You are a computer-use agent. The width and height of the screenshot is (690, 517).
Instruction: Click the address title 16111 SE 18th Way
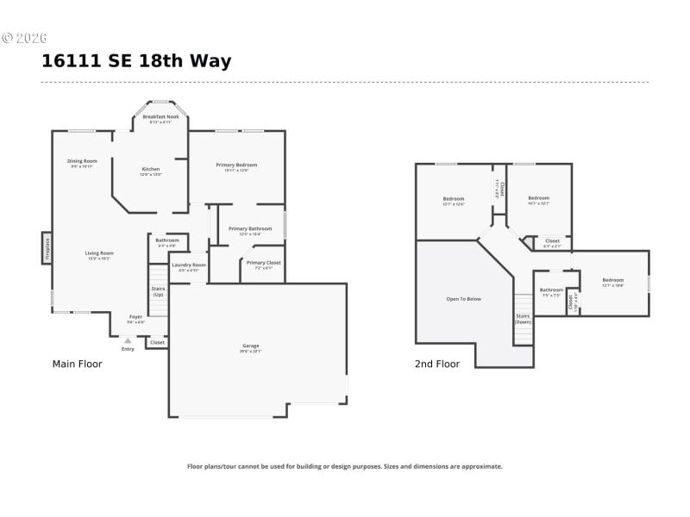(136, 61)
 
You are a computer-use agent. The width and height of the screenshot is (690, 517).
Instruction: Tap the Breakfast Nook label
(160, 116)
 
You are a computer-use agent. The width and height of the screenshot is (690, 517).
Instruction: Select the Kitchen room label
(151, 169)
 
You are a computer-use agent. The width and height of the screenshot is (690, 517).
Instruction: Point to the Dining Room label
(83, 161)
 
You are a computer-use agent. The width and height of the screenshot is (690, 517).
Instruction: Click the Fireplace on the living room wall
(47, 248)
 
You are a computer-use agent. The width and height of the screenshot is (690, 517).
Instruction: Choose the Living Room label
(99, 253)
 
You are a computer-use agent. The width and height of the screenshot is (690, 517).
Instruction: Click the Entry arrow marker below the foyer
(128, 341)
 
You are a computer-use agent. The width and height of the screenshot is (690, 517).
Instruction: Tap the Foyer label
(135, 317)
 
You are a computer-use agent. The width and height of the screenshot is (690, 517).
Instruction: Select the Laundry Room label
(189, 265)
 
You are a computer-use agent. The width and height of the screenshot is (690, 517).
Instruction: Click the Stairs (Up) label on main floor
(158, 291)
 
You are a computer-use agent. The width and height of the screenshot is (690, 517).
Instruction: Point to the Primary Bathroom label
(249, 228)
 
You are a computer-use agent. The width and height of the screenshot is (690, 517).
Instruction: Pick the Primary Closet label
(263, 263)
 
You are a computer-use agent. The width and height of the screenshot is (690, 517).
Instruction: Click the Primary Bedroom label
(236, 165)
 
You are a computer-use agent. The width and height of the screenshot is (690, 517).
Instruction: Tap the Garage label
(250, 346)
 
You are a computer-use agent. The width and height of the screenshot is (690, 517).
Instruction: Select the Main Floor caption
(78, 364)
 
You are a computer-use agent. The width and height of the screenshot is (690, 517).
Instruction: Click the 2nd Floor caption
(437, 364)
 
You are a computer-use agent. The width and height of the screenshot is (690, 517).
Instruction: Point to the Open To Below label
(463, 299)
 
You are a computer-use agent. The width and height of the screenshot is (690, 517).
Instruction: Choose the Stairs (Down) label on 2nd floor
(524, 318)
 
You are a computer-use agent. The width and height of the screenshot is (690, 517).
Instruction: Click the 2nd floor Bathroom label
(551, 290)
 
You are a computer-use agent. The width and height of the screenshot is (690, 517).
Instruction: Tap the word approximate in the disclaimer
(482, 466)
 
